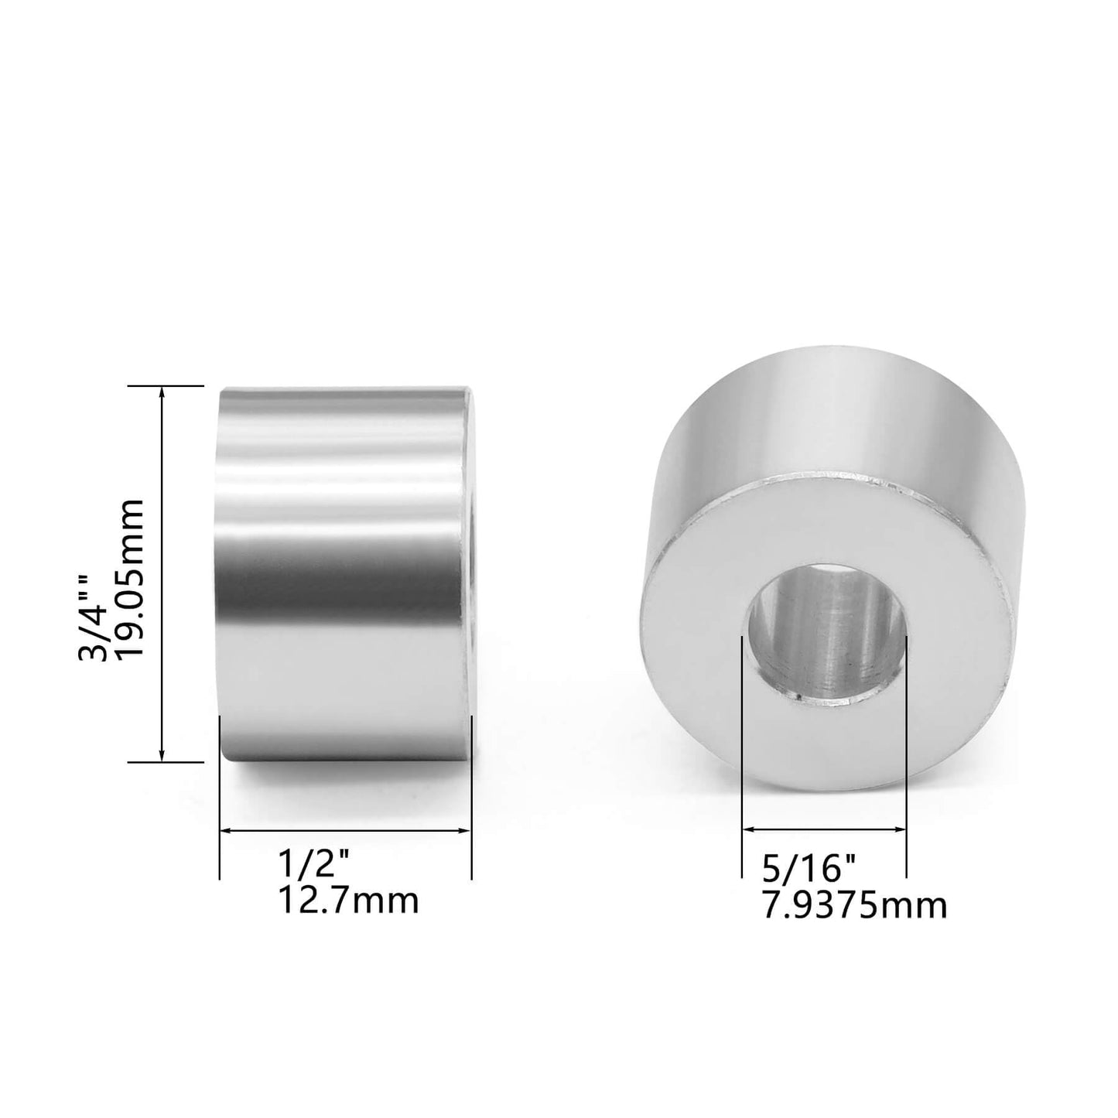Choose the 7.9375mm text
point(854,905)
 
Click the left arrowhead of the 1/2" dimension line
point(225,831)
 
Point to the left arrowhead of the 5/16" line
point(747,829)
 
